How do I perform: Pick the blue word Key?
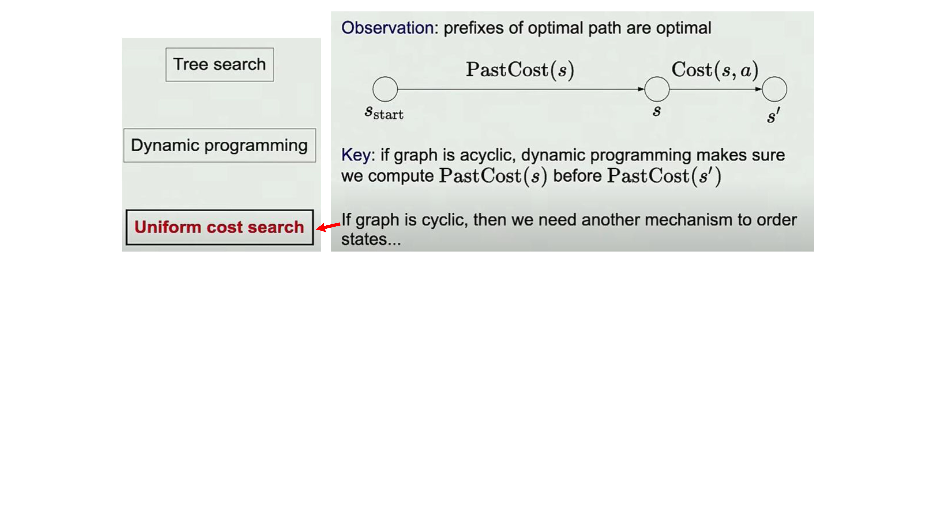356,155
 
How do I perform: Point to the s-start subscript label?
384,113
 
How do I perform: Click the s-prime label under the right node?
773,115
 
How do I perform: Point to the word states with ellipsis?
371,239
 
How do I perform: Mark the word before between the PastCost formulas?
578,176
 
